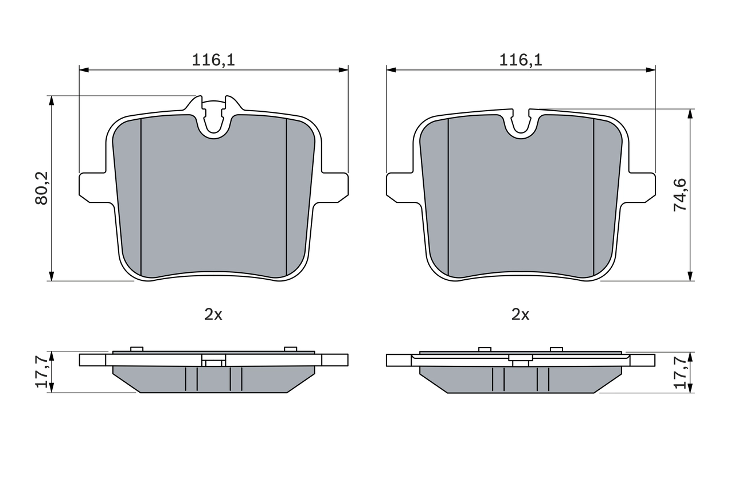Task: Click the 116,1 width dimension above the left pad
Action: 213,60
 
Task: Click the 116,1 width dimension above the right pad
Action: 521,60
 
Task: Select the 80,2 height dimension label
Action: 42,187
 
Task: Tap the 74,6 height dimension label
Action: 680,195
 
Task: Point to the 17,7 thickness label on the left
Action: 42,371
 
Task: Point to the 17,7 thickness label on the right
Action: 680,371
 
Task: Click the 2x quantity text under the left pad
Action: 213,314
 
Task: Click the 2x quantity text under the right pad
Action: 521,314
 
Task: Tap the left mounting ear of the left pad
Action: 92,187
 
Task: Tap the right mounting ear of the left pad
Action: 335,187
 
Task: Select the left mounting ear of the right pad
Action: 399,187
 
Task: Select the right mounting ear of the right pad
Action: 642,187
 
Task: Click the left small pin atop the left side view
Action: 136,349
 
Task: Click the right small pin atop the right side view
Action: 556,349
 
